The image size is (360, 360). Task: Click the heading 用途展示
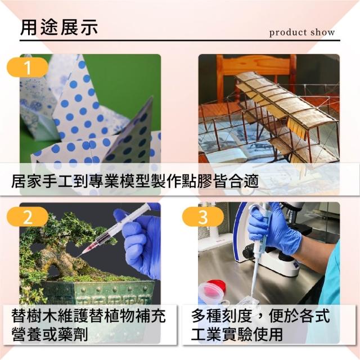tap(59, 28)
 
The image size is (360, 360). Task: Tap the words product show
tap(302, 33)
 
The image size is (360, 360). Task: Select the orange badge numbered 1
tap(28, 67)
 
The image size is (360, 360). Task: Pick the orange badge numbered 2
tap(28, 217)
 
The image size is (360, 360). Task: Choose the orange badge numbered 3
tap(203, 217)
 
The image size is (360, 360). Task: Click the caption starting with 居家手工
tap(135, 181)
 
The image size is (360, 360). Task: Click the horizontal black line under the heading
tap(180, 40)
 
